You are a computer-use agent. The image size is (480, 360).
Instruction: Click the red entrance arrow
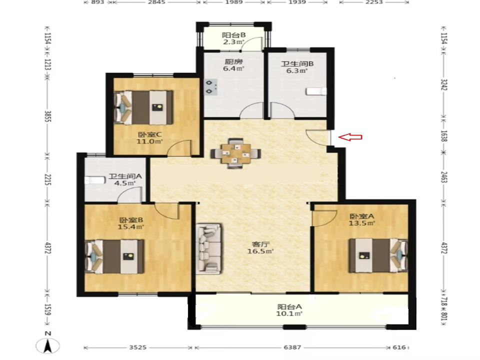350,137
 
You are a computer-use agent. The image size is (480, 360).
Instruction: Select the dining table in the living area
235,153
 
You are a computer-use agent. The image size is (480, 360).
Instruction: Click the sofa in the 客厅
209,248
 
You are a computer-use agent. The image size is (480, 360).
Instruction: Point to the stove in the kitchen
211,86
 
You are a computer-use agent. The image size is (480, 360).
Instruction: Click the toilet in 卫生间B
316,91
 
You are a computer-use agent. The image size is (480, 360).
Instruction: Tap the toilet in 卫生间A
95,180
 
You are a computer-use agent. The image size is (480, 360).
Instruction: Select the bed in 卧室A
378,255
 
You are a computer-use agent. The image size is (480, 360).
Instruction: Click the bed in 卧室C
143,107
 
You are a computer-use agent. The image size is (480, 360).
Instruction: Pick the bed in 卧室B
114,256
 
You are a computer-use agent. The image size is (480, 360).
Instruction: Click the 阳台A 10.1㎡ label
289,310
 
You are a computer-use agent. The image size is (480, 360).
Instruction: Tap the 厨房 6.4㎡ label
233,65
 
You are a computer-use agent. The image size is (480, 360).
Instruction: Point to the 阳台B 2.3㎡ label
233,38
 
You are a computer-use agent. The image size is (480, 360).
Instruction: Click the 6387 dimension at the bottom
292,347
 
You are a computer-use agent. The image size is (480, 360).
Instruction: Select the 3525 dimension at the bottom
138,347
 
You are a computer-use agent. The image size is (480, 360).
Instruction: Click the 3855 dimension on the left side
47,116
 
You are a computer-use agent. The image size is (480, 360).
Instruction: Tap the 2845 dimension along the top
156,2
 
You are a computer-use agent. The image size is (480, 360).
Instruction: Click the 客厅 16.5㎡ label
260,248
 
